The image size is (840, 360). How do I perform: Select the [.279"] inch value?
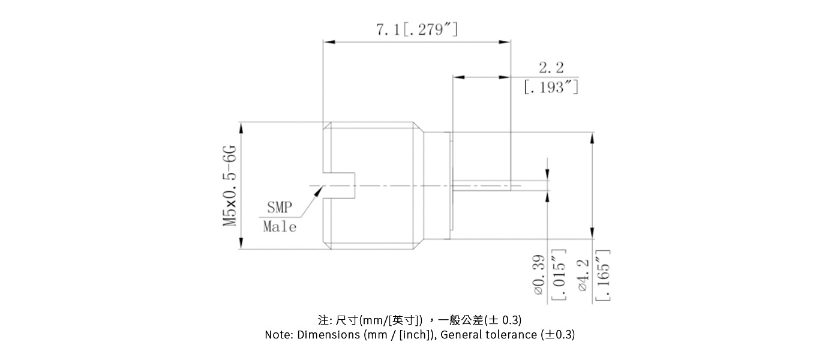click(431, 29)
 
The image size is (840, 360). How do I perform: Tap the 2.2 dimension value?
click(551, 67)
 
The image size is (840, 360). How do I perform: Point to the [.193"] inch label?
click(551, 88)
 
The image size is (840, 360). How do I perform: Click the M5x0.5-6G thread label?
click(230, 185)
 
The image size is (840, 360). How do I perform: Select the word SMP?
click(279, 208)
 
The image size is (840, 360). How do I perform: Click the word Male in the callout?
click(280, 227)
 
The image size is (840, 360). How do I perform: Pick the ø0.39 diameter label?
click(538, 275)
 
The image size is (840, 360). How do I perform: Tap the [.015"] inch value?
click(558, 275)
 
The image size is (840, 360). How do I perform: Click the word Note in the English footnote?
click(278, 335)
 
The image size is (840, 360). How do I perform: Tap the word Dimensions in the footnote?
click(329, 335)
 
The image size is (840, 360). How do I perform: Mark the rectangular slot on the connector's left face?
click(339, 185)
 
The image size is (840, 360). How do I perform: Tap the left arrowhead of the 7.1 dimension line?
click(328, 42)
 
